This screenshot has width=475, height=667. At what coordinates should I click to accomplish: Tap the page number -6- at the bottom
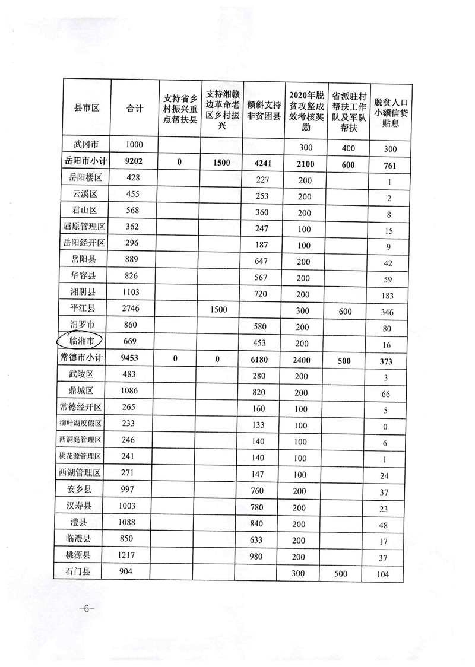point(87,609)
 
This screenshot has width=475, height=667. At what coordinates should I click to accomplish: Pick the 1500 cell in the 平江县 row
point(221,309)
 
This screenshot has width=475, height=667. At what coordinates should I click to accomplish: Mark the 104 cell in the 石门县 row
point(388,574)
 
